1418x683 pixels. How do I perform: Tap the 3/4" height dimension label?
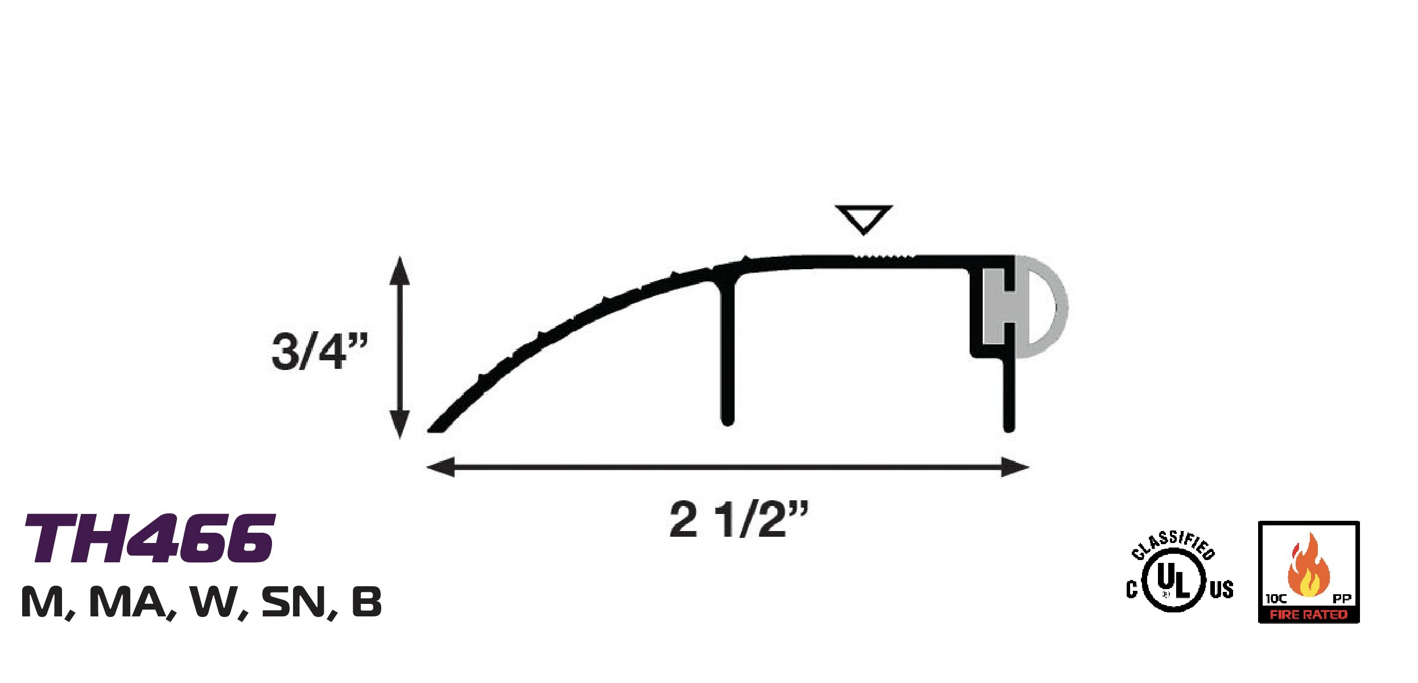pyautogui.click(x=320, y=351)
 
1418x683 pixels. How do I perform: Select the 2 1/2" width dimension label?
pyautogui.click(x=738, y=519)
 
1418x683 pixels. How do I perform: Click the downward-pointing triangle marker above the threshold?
pyautogui.click(x=863, y=218)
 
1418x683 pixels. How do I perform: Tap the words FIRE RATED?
pyautogui.click(x=1308, y=615)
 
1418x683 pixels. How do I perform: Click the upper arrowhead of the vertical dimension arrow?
pyautogui.click(x=399, y=270)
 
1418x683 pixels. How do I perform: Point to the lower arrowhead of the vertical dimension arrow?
pyautogui.click(x=399, y=424)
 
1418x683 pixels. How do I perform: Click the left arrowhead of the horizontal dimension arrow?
pyautogui.click(x=441, y=467)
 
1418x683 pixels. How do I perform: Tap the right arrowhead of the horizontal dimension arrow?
pyautogui.click(x=1015, y=467)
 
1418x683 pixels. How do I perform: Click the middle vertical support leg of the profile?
pyautogui.click(x=727, y=353)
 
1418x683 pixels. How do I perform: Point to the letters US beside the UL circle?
pyautogui.click(x=1222, y=590)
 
